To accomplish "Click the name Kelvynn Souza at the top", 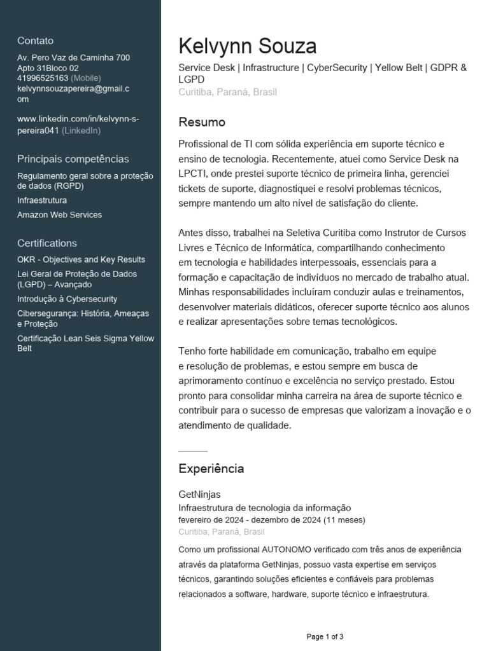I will pyautogui.click(x=247, y=46).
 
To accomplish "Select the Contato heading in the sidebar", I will pyautogui.click(x=36, y=41).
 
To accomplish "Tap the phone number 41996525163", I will pyautogui.click(x=43, y=78).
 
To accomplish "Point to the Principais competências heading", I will pyautogui.click(x=73, y=159).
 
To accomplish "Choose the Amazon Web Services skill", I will pyautogui.click(x=59, y=215).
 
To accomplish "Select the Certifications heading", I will pyautogui.click(x=47, y=243).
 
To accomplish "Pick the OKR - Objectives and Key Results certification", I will pyautogui.click(x=81, y=259).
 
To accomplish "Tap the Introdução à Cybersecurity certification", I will pyautogui.click(x=67, y=299).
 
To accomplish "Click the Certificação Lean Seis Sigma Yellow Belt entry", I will pyautogui.click(x=85, y=343).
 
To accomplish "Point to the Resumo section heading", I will pyautogui.click(x=202, y=122).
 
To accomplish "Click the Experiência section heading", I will pyautogui.click(x=211, y=469).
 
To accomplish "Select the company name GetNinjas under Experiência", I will pyautogui.click(x=199, y=494).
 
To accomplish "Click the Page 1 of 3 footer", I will pyautogui.click(x=325, y=636).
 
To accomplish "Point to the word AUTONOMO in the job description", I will pyautogui.click(x=292, y=549).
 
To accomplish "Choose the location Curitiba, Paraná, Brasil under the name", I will pyautogui.click(x=227, y=92).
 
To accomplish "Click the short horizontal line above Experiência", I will pyautogui.click(x=193, y=451).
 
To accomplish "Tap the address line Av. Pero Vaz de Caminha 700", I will pyautogui.click(x=73, y=58).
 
